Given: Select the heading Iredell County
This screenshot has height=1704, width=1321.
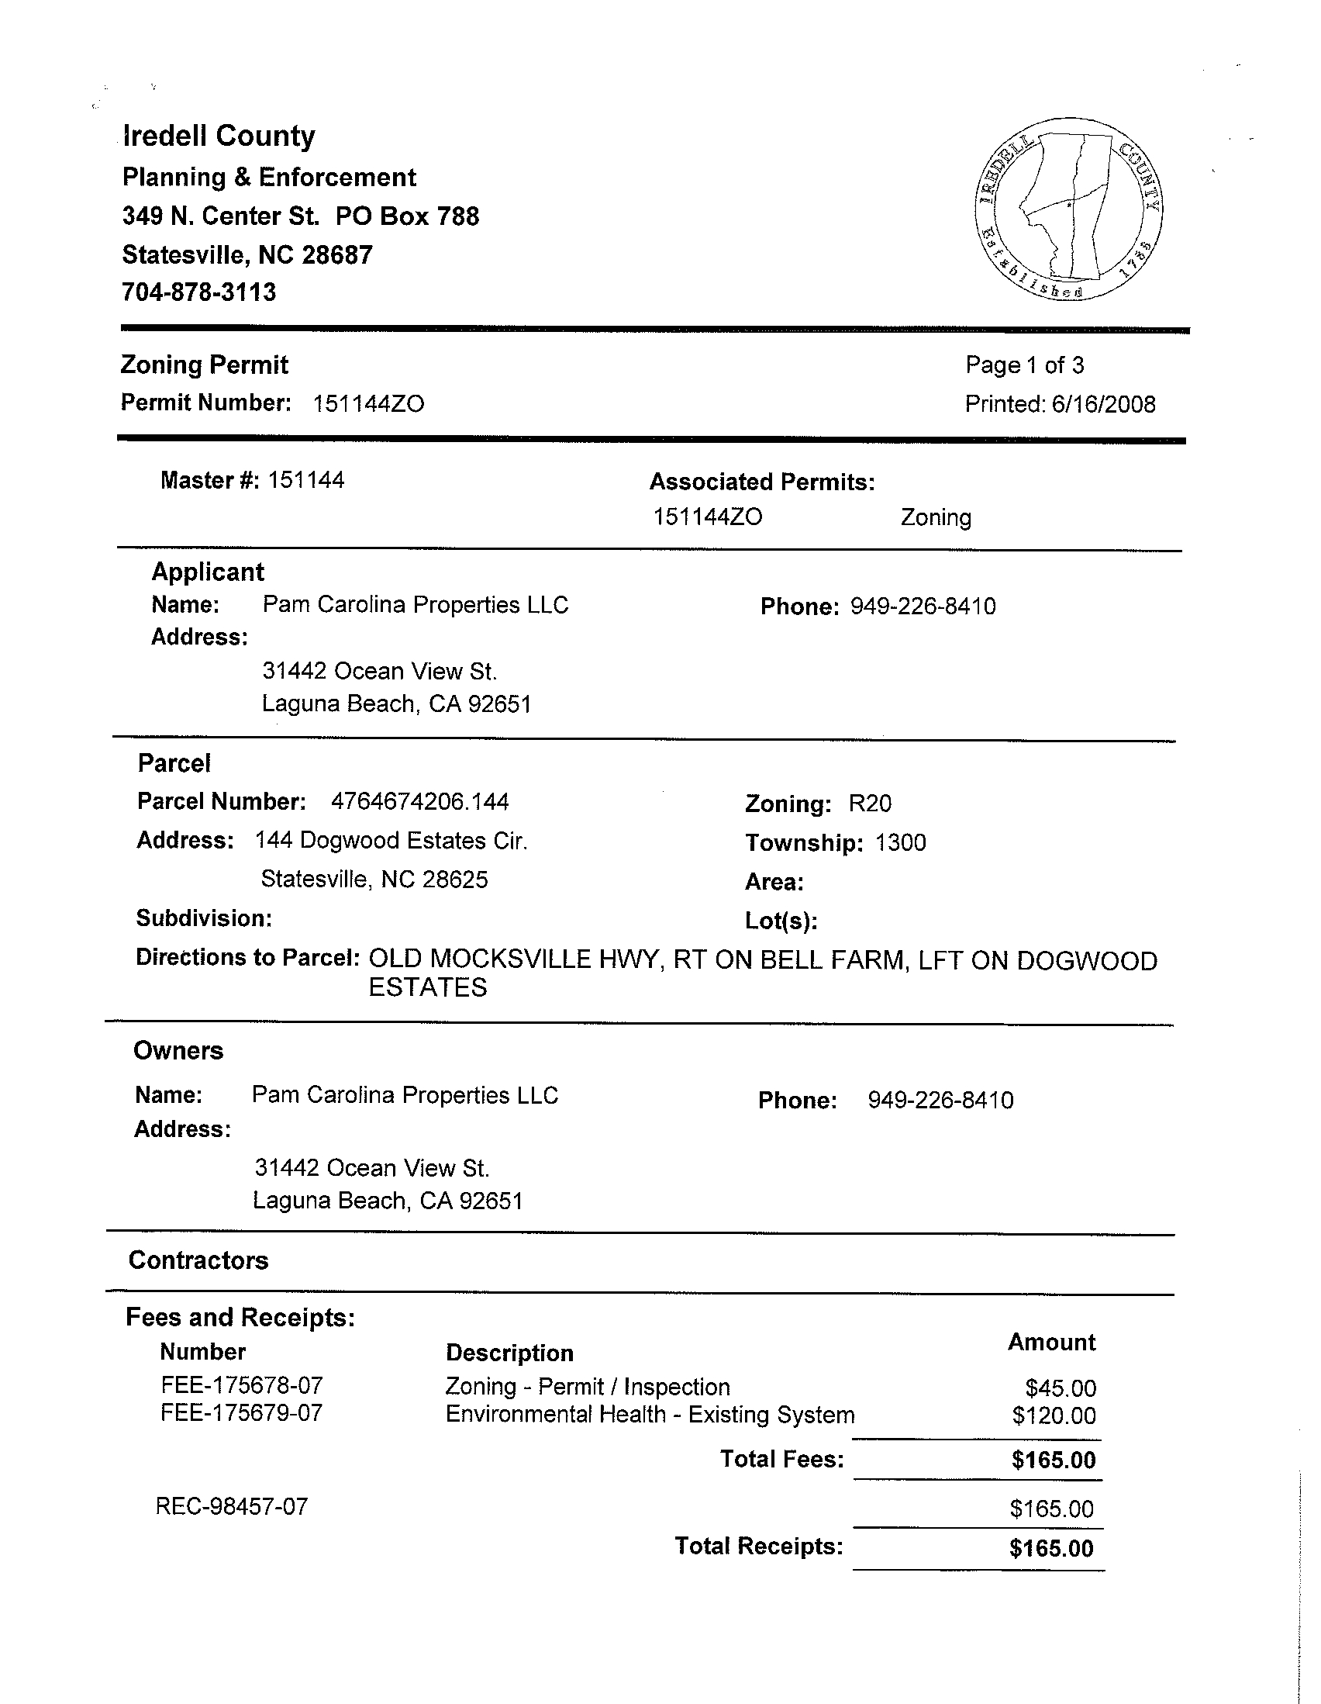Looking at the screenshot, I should pos(219,136).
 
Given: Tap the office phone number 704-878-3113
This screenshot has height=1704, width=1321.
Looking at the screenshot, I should pos(199,292).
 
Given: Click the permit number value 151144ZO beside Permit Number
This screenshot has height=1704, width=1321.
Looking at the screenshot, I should pos(368,404).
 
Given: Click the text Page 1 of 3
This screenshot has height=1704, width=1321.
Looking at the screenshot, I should pos(1024,365).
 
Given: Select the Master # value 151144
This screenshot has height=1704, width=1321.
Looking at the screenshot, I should pos(305,480).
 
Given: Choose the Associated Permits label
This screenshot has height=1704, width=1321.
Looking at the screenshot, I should pos(762,482).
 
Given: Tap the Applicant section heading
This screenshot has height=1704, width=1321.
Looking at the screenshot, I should pos(208,572).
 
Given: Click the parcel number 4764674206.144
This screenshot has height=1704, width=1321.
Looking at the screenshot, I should pos(419,801).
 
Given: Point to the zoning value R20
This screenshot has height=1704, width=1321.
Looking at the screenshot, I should pos(870,804).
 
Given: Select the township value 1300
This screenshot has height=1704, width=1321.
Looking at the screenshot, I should pos(901,842).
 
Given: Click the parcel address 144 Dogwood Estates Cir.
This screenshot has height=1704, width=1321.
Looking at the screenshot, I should pos(391,840).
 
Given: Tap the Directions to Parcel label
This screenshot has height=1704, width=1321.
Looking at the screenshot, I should pos(247,957).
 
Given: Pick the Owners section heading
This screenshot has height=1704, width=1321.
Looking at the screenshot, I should pos(178,1051).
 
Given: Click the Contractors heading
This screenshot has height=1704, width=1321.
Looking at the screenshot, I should pos(198,1260).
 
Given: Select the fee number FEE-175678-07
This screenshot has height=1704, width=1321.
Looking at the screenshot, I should pos(242,1385).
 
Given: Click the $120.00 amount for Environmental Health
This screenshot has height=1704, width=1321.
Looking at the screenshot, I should pos(1054,1415).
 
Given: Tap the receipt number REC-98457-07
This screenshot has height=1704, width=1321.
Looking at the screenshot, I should pos(232,1505).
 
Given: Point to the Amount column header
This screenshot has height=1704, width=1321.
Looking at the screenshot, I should pos(1051,1342).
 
